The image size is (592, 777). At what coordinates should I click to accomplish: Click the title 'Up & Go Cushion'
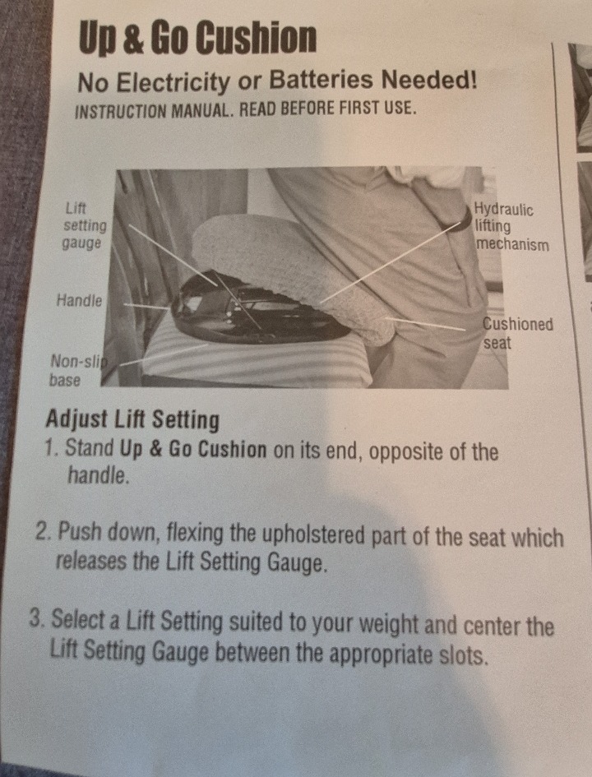[x=197, y=38]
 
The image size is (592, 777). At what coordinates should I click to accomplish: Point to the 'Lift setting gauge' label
[x=84, y=225]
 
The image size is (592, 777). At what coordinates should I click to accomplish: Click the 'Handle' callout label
[x=79, y=300]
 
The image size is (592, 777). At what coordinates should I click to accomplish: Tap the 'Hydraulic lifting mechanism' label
[x=511, y=226]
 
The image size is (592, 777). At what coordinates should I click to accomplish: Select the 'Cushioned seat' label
[x=518, y=332]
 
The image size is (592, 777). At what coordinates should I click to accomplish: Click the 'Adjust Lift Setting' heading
[x=132, y=419]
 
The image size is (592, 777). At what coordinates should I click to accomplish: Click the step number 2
[x=43, y=532]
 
